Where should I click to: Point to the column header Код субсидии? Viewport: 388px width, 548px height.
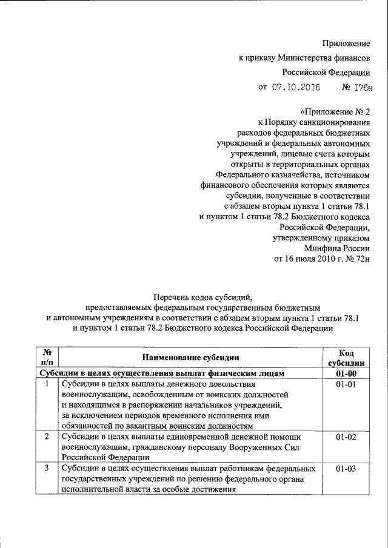[350, 358]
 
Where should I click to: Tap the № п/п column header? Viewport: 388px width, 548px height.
[47, 358]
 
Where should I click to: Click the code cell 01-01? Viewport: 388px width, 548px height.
[350, 385]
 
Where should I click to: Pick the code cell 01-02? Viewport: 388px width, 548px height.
[350, 437]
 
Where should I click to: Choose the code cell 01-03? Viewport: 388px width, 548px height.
[350, 469]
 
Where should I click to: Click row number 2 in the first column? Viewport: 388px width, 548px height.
[47, 437]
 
